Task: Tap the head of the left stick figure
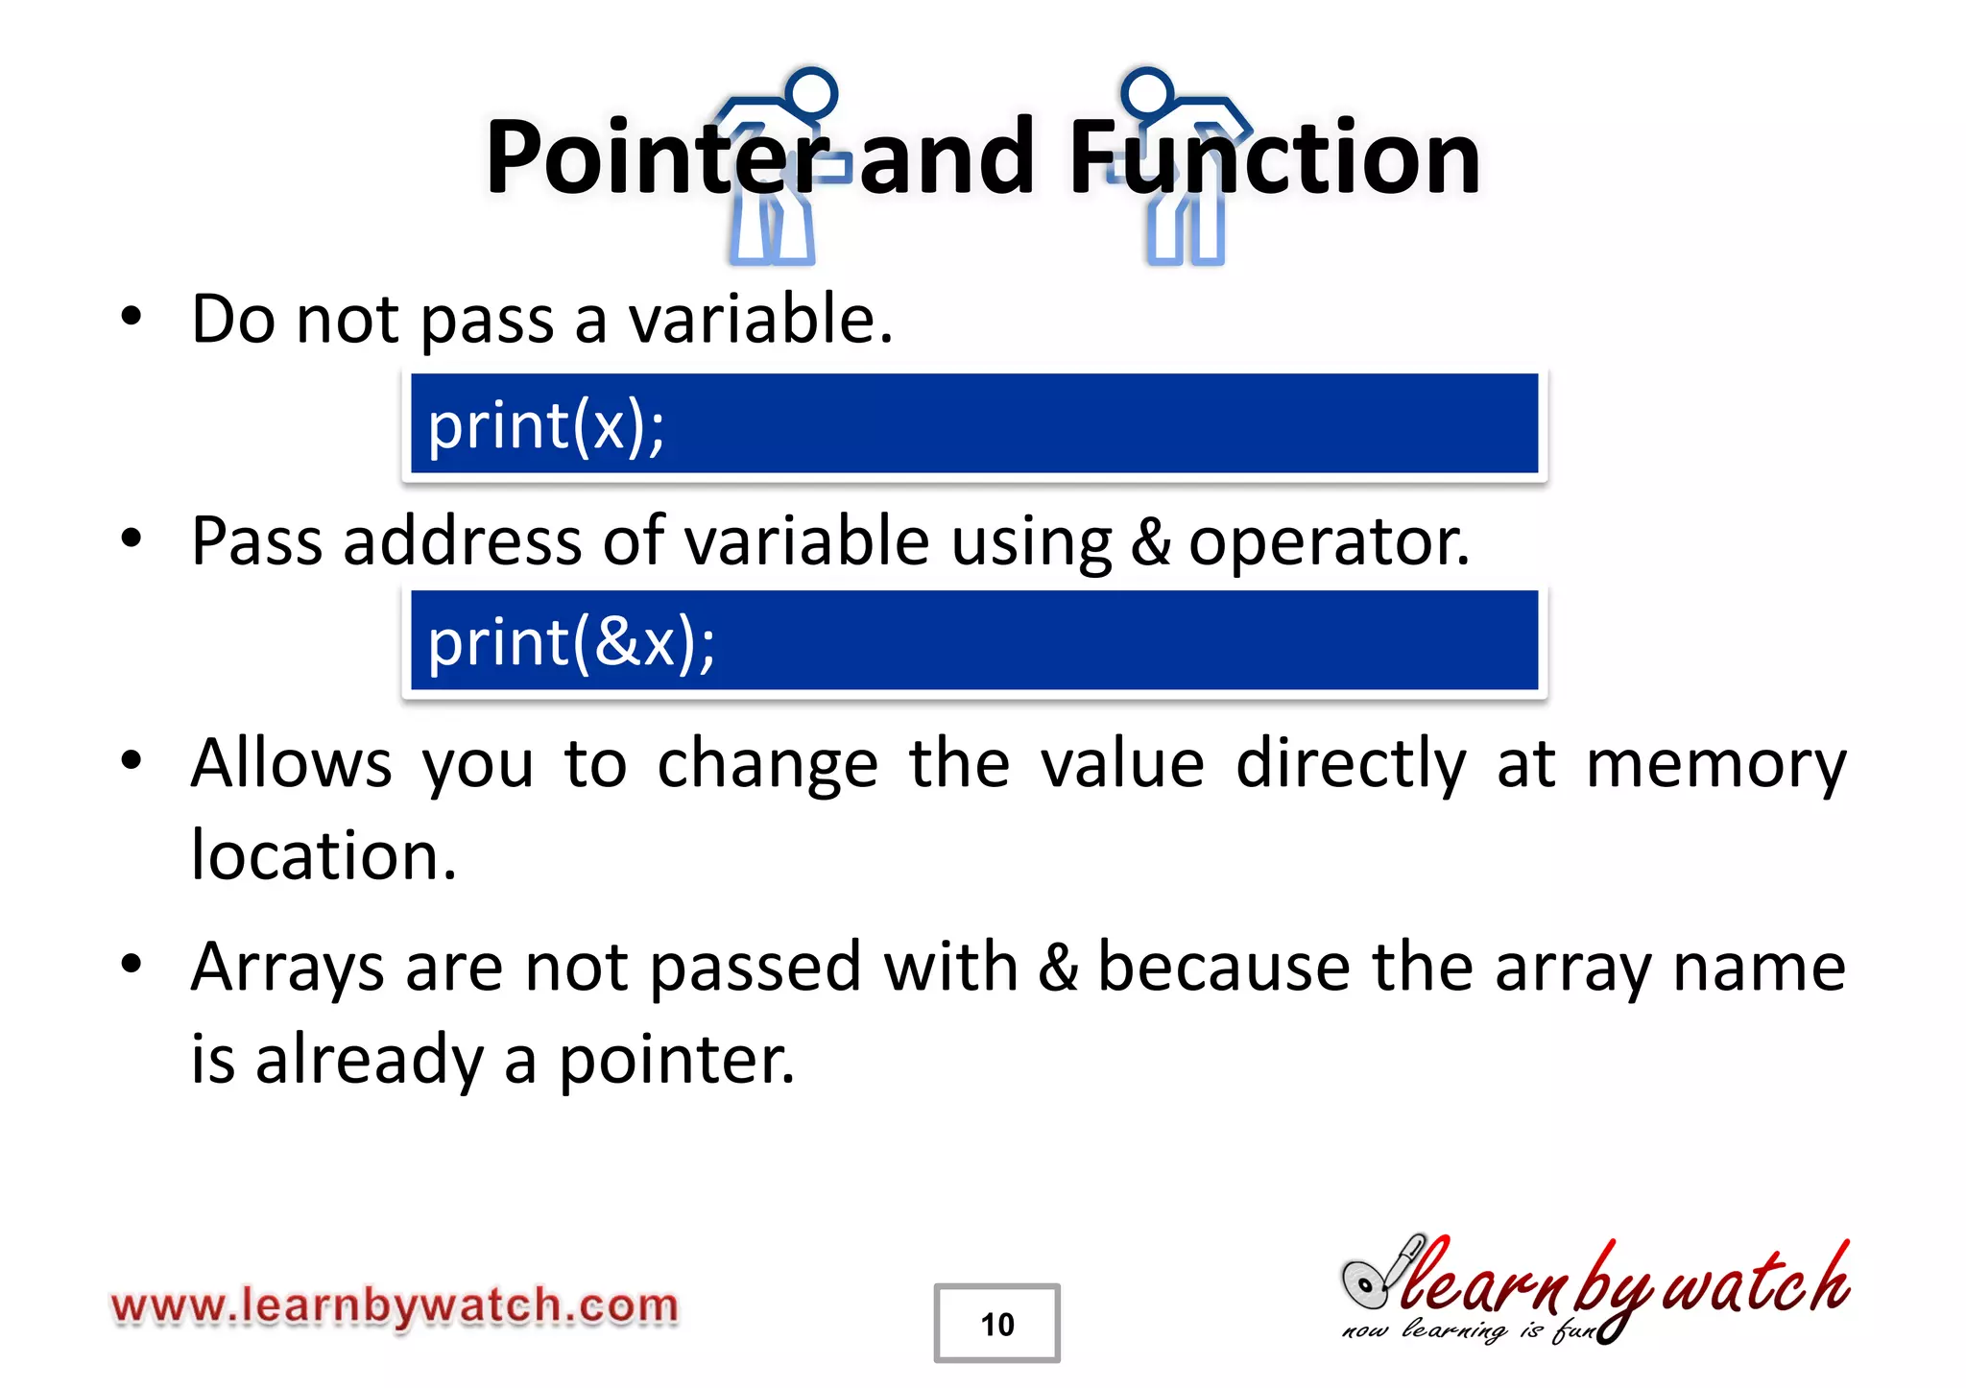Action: point(812,94)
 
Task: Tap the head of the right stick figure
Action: point(1147,94)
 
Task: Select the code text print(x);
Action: point(546,426)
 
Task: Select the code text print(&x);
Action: point(571,643)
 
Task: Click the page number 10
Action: point(996,1325)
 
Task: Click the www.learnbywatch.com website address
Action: point(395,1306)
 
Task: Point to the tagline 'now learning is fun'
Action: point(1469,1330)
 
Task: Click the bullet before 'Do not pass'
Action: point(132,317)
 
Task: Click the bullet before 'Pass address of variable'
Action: point(132,538)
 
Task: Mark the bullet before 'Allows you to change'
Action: point(132,761)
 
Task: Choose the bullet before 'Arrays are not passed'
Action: point(132,964)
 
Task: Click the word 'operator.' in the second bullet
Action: point(1329,542)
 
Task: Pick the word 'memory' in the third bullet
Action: point(1715,766)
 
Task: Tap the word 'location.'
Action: point(324,854)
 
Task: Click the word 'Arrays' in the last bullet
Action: point(287,968)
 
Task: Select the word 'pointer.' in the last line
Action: point(677,1061)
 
